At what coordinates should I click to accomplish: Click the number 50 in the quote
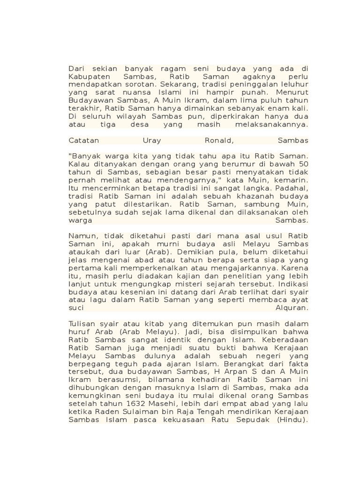point(303,164)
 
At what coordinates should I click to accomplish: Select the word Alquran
point(292,308)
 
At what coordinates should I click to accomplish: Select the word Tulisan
point(82,324)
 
